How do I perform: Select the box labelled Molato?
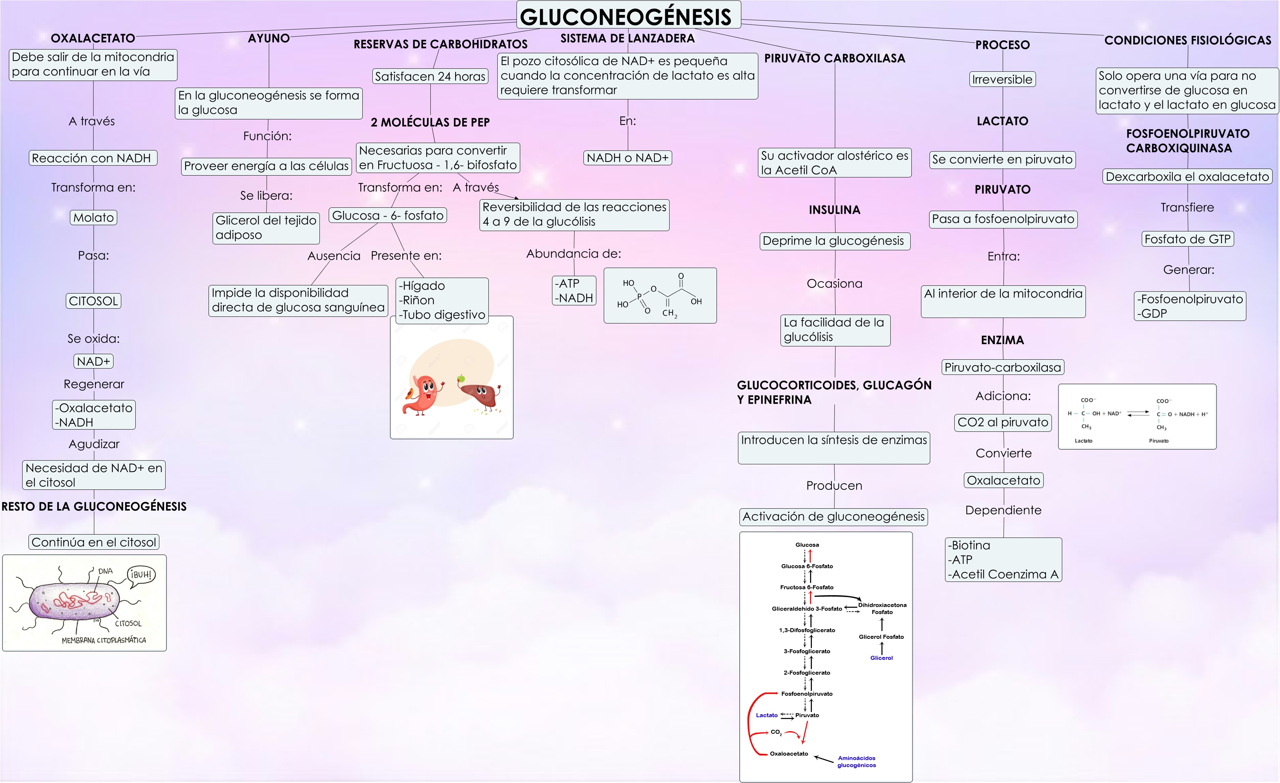(94, 217)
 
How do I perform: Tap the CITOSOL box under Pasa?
(94, 301)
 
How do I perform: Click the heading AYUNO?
(268, 38)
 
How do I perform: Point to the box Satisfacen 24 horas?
(430, 77)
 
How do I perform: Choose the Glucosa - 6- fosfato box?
(387, 215)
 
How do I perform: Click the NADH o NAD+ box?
(627, 157)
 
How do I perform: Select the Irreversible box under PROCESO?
(1002, 79)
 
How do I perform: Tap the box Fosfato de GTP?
(1188, 239)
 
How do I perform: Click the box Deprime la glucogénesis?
(834, 241)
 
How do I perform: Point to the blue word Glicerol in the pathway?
(881, 658)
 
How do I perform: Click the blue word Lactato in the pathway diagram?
(767, 715)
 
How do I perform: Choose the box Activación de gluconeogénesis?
(833, 516)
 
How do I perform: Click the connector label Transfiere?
(1188, 207)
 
